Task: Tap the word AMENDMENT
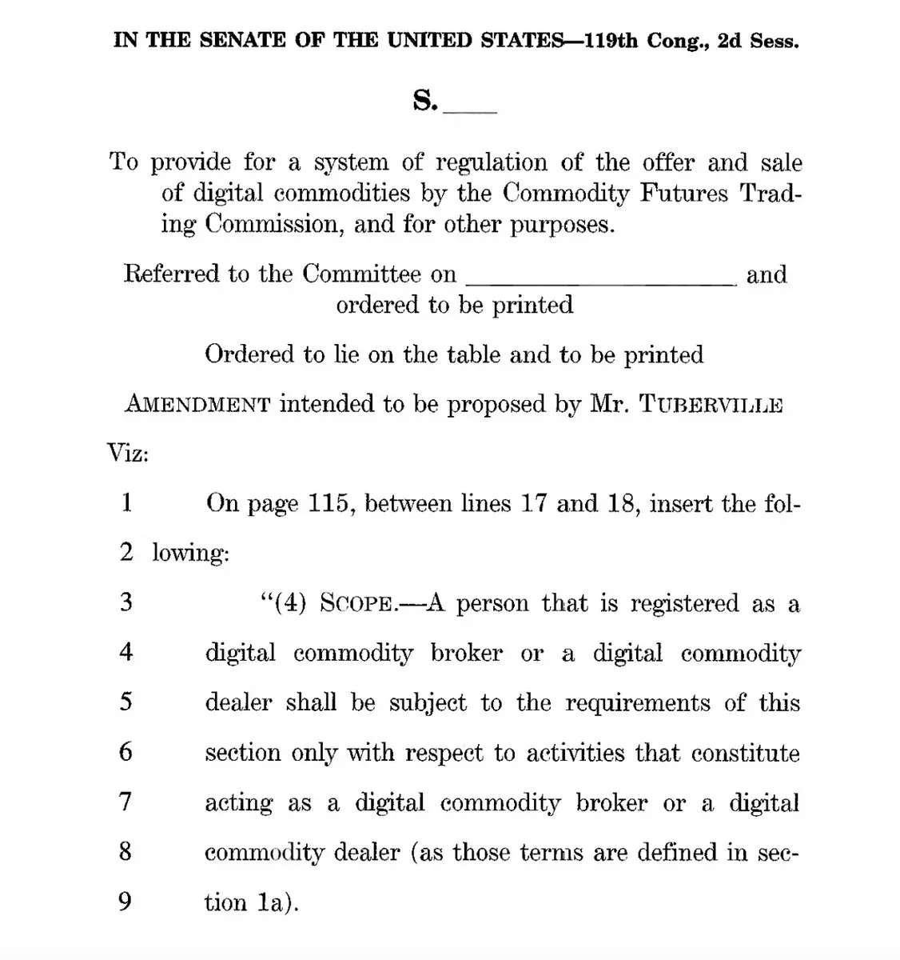click(197, 404)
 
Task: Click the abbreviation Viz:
click(129, 454)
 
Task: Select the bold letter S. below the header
click(425, 102)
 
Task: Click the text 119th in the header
click(611, 41)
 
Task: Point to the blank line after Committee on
click(599, 277)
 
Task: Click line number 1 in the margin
click(126, 503)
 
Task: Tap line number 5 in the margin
click(126, 702)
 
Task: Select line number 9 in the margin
click(125, 902)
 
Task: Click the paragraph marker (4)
click(291, 603)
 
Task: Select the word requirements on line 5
click(638, 702)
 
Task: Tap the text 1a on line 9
click(271, 902)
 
